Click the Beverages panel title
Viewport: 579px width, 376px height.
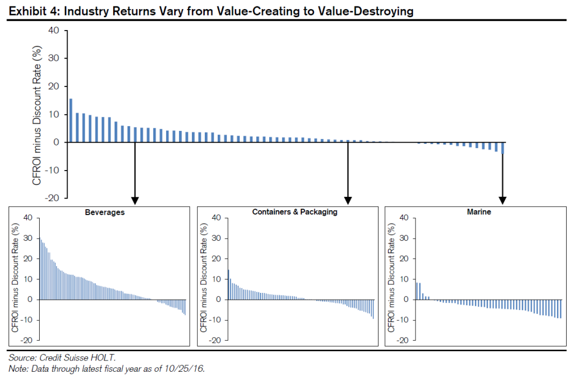tap(105, 212)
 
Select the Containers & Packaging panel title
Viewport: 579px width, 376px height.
tap(295, 212)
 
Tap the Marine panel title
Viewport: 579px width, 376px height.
tap(479, 212)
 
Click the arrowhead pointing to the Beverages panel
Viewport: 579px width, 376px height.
tap(135, 201)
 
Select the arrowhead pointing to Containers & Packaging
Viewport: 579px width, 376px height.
tap(348, 201)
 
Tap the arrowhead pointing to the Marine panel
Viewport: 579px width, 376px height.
tap(502, 201)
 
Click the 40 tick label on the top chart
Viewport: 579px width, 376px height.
tap(54, 31)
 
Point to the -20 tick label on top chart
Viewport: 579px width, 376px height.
tap(52, 198)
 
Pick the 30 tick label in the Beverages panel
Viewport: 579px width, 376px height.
tap(27, 238)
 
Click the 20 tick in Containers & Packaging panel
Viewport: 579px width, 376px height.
tap(216, 259)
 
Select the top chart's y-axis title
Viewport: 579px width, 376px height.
tap(36, 114)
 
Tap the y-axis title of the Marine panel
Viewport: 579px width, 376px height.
tap(391, 279)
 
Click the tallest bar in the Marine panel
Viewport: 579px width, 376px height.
tap(417, 291)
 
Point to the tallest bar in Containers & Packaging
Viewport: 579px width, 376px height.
tap(228, 284)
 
